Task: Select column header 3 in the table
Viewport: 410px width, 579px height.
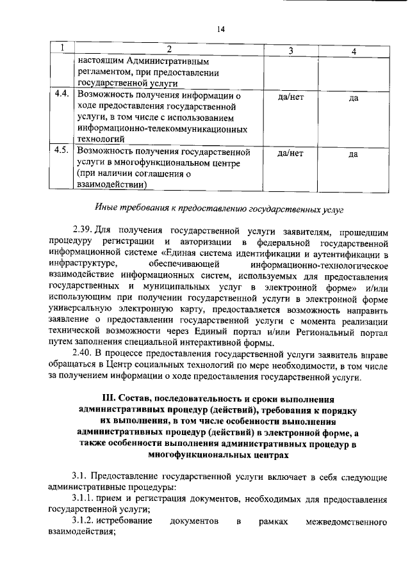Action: click(x=290, y=50)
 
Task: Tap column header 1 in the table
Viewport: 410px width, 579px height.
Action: click(x=62, y=50)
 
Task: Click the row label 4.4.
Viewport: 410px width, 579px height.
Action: click(x=62, y=96)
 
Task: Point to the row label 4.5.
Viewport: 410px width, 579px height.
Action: click(x=62, y=152)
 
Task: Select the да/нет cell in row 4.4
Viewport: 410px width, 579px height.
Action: click(x=290, y=97)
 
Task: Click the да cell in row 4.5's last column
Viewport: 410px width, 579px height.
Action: click(x=353, y=153)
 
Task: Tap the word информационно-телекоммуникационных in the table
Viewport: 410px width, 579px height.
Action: click(x=162, y=128)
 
